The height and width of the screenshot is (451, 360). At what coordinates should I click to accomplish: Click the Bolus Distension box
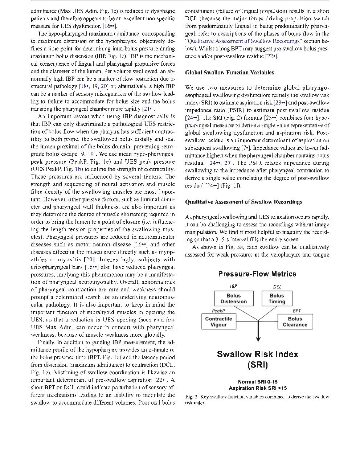233,299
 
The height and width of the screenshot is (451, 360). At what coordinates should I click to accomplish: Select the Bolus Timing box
277,299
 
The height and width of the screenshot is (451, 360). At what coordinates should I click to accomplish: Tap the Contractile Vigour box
218,322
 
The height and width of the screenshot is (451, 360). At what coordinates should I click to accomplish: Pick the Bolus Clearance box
295,322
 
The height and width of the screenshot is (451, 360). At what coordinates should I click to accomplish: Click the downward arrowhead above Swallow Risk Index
258,339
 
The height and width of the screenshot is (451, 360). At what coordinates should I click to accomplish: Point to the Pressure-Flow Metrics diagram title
257,274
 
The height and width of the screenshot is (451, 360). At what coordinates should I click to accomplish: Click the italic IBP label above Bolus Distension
233,286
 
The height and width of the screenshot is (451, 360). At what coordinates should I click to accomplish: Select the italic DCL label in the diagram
277,287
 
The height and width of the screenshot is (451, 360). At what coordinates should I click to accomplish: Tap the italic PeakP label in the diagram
218,311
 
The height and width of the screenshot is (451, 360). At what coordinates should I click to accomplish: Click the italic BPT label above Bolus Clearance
296,311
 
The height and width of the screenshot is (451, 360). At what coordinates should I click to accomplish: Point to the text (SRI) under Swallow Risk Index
257,365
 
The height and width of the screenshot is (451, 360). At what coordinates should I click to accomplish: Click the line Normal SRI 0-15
258,382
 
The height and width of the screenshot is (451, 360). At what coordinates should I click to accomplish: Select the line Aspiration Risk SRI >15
258,388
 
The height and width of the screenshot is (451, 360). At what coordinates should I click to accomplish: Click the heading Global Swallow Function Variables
229,73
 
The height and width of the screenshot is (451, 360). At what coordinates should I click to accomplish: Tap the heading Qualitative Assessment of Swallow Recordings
244,202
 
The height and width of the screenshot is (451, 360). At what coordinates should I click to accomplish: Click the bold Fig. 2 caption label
191,397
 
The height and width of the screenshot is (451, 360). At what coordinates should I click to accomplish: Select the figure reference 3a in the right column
240,247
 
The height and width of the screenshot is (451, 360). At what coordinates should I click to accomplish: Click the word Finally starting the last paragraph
46,342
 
